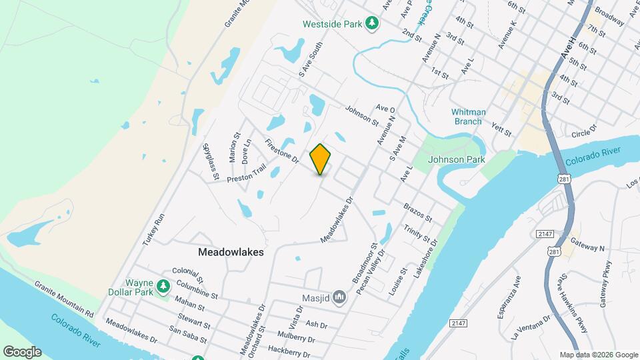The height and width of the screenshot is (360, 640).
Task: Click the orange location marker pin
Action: coord(321,159)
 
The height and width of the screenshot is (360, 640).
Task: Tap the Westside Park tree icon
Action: coord(372,24)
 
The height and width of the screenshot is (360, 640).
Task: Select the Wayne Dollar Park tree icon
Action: coord(163,286)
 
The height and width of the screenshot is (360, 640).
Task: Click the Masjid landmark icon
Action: coord(339,296)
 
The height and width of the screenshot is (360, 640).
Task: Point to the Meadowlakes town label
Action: coord(231,253)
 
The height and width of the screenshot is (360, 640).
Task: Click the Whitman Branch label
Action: coord(469,117)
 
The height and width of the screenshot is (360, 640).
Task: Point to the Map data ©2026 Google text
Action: coord(598,355)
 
